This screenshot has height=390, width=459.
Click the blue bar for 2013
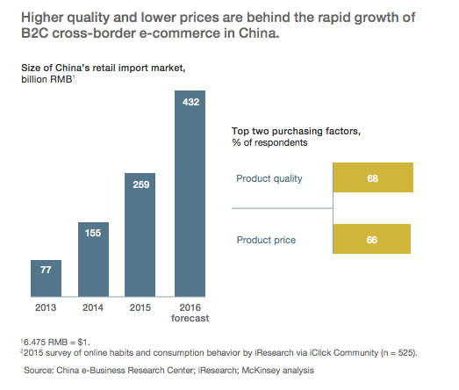pos(46,278)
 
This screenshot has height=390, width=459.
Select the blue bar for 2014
pos(93,260)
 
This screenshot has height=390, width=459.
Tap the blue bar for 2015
pos(140,235)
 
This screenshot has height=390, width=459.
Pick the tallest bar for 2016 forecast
pos(190,193)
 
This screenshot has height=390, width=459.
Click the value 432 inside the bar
pos(190,102)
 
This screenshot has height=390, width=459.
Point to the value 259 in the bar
pos(141,184)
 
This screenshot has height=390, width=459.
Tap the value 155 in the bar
pos(93,233)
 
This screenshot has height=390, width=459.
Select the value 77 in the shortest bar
pos(46,270)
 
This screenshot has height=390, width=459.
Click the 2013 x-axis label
pos(46,307)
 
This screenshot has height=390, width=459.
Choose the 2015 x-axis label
pos(140,307)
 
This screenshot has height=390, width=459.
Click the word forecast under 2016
pos(190,318)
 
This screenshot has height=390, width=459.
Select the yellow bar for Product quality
pos(373,177)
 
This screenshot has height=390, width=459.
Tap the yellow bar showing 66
pos(372,239)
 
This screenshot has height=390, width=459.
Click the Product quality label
pos(269,178)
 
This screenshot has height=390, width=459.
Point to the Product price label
pos(266,240)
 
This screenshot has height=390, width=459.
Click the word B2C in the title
pos(35,32)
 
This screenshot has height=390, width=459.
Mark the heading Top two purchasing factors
pos(296,131)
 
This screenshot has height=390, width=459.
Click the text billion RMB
pos(47,79)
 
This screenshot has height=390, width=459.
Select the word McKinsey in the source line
pos(256,371)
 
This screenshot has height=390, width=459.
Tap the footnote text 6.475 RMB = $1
pos(56,343)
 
